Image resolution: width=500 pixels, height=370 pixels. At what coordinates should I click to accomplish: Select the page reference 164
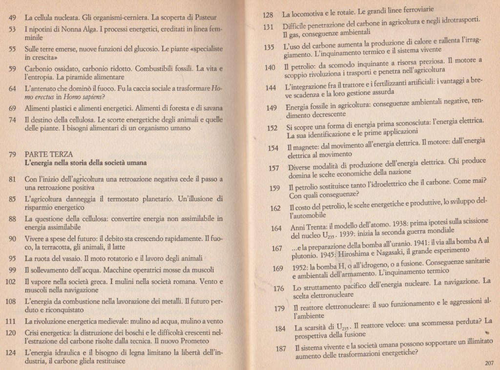coord(276,228)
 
